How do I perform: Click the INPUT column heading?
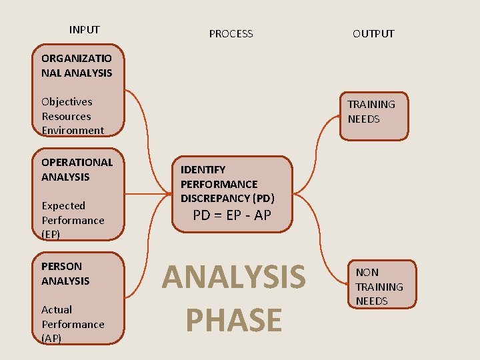coord(84,29)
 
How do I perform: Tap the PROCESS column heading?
coord(231,33)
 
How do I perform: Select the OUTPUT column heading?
coord(373,33)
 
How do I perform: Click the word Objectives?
coord(67,101)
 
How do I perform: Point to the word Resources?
coord(66,116)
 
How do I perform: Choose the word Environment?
coord(73,130)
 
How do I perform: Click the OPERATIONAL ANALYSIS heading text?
coord(77,169)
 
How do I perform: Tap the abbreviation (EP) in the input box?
coord(51,234)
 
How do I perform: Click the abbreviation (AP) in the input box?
coord(51,338)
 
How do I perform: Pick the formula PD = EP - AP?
coord(232,215)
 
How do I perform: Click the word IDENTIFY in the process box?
coord(203,169)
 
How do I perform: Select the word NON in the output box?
coord(367,272)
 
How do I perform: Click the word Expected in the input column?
coord(63,205)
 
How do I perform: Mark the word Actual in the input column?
coord(57,309)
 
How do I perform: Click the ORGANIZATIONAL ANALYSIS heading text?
coord(77,65)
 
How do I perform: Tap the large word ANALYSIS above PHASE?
coord(233,277)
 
